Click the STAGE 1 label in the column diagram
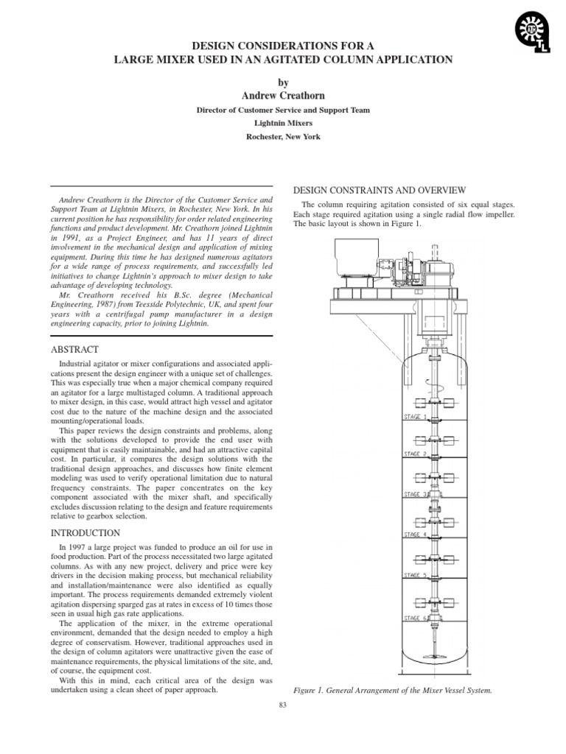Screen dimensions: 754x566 (415, 417)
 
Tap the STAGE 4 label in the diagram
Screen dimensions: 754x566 (415, 535)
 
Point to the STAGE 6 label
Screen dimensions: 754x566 (415, 618)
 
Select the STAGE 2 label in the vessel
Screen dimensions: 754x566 (415, 454)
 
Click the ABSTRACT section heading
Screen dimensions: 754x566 (74, 349)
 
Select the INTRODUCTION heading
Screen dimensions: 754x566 (84, 532)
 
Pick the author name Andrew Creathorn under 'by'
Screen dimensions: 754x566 (283, 96)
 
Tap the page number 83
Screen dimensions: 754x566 (283, 706)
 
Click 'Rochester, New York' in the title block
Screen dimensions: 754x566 (283, 137)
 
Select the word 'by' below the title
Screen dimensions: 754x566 (283, 82)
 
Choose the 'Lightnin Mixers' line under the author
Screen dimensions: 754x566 (283, 124)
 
